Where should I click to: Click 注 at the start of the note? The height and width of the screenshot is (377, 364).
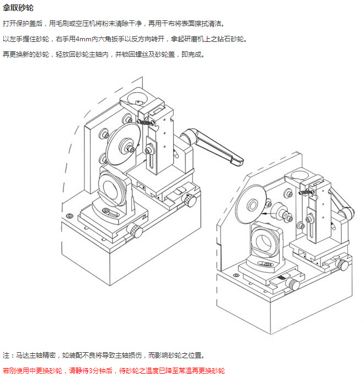tap(6, 356)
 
